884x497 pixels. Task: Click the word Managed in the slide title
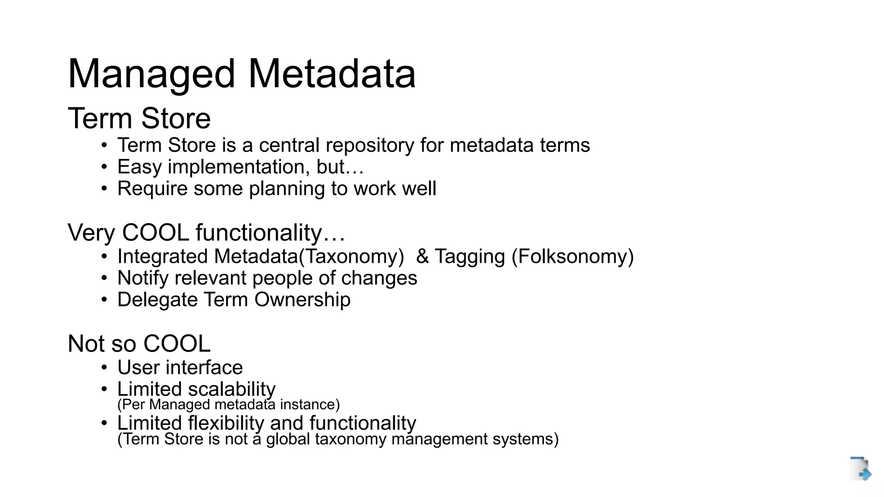152,74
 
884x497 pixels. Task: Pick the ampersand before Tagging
422,256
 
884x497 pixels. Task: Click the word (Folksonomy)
572,256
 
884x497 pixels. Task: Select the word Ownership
302,300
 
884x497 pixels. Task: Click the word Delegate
158,300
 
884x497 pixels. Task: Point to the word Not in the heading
86,344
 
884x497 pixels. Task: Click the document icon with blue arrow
860,469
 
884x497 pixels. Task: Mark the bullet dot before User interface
104,368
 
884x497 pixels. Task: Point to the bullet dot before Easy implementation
104,167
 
